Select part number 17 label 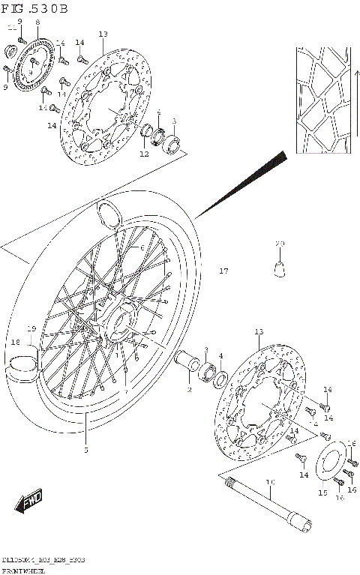[x=223, y=271]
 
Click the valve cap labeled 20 [x=280, y=265]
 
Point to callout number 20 [x=280, y=244]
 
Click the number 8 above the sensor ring [x=37, y=23]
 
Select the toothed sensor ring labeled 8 [x=34, y=65]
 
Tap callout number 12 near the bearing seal [x=144, y=154]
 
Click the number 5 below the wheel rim [x=85, y=450]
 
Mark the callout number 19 [x=31, y=328]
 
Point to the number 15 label [x=322, y=493]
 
